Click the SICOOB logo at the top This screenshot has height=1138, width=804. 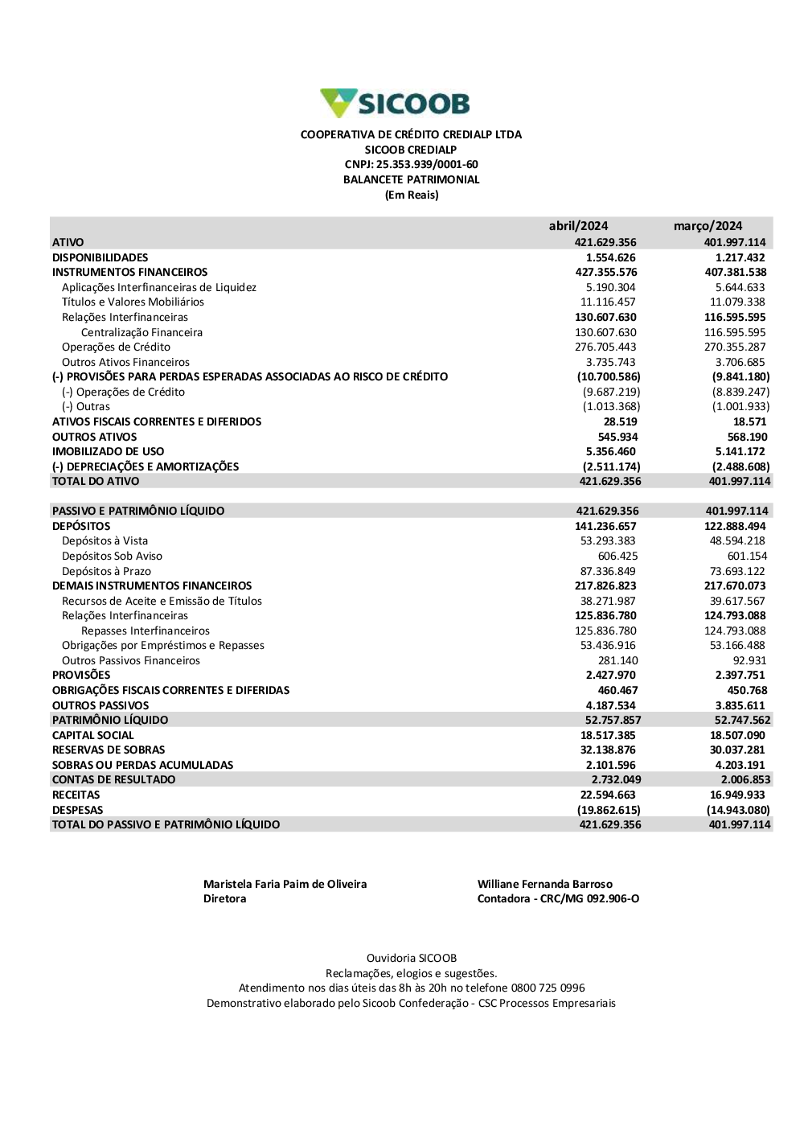pyautogui.click(x=395, y=103)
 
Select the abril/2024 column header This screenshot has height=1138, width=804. pyautogui.click(x=578, y=226)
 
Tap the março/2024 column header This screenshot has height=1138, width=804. pyautogui.click(x=708, y=226)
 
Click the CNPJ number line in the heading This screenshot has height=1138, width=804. pyautogui.click(x=411, y=165)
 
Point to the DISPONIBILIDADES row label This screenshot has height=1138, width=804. pyautogui.click(x=100, y=257)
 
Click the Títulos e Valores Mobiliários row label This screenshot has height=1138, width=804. pyautogui.click(x=133, y=302)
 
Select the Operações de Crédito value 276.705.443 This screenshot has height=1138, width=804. pyautogui.click(x=605, y=347)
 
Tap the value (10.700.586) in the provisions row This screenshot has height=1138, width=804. pyautogui.click(x=609, y=376)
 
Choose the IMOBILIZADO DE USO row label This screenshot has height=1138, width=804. pyautogui.click(x=108, y=452)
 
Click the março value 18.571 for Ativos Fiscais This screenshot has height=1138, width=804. pyautogui.click(x=749, y=422)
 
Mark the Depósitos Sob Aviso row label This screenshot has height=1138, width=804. pyautogui.click(x=112, y=557)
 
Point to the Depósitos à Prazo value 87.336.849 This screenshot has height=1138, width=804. pyautogui.click(x=608, y=572)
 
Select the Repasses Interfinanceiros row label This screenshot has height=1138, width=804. pyautogui.click(x=145, y=631)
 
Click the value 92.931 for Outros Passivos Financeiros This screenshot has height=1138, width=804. pyautogui.click(x=749, y=661)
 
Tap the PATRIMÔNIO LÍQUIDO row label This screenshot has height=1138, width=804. pyautogui.click(x=110, y=721)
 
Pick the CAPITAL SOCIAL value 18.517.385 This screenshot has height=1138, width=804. pyautogui.click(x=608, y=736)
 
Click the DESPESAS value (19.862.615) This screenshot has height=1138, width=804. pyautogui.click(x=609, y=811)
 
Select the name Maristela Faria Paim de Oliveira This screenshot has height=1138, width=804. pyautogui.click(x=285, y=885)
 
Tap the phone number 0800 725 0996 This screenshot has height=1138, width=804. pyautogui.click(x=548, y=988)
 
